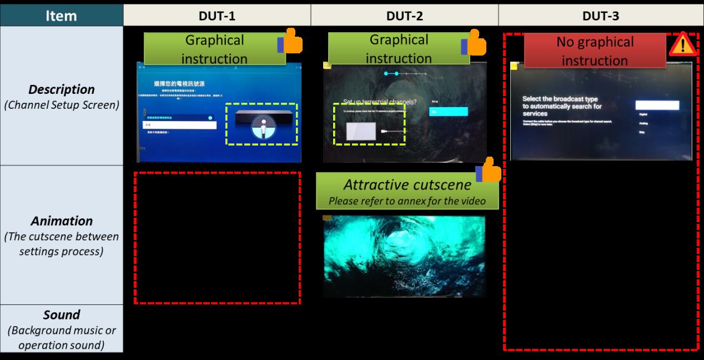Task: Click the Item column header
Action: pyautogui.click(x=61, y=16)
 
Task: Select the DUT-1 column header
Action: pyautogui.click(x=217, y=16)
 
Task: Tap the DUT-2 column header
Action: pyautogui.click(x=404, y=16)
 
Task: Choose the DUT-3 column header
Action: pyautogui.click(x=601, y=16)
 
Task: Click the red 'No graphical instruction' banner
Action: pyautogui.click(x=595, y=51)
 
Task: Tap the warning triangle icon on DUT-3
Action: pyautogui.click(x=682, y=44)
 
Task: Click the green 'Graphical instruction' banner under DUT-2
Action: pyautogui.click(x=398, y=48)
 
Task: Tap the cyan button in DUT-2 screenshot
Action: pyautogui.click(x=448, y=112)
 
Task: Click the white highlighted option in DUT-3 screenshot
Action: pyautogui.click(x=657, y=105)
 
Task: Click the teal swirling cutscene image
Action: pyautogui.click(x=404, y=256)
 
